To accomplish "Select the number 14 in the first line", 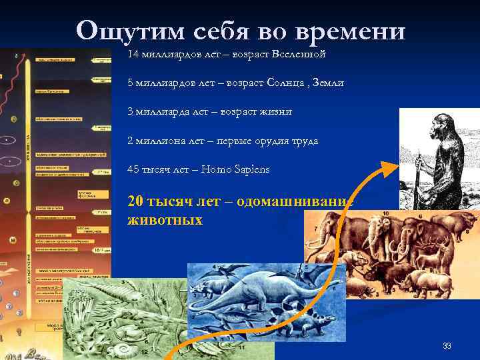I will (x=133, y=53).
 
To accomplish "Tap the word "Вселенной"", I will (x=299, y=53).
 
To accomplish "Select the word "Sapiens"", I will (x=248, y=170).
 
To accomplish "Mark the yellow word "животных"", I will (x=165, y=219).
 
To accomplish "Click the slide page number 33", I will (x=447, y=346).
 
